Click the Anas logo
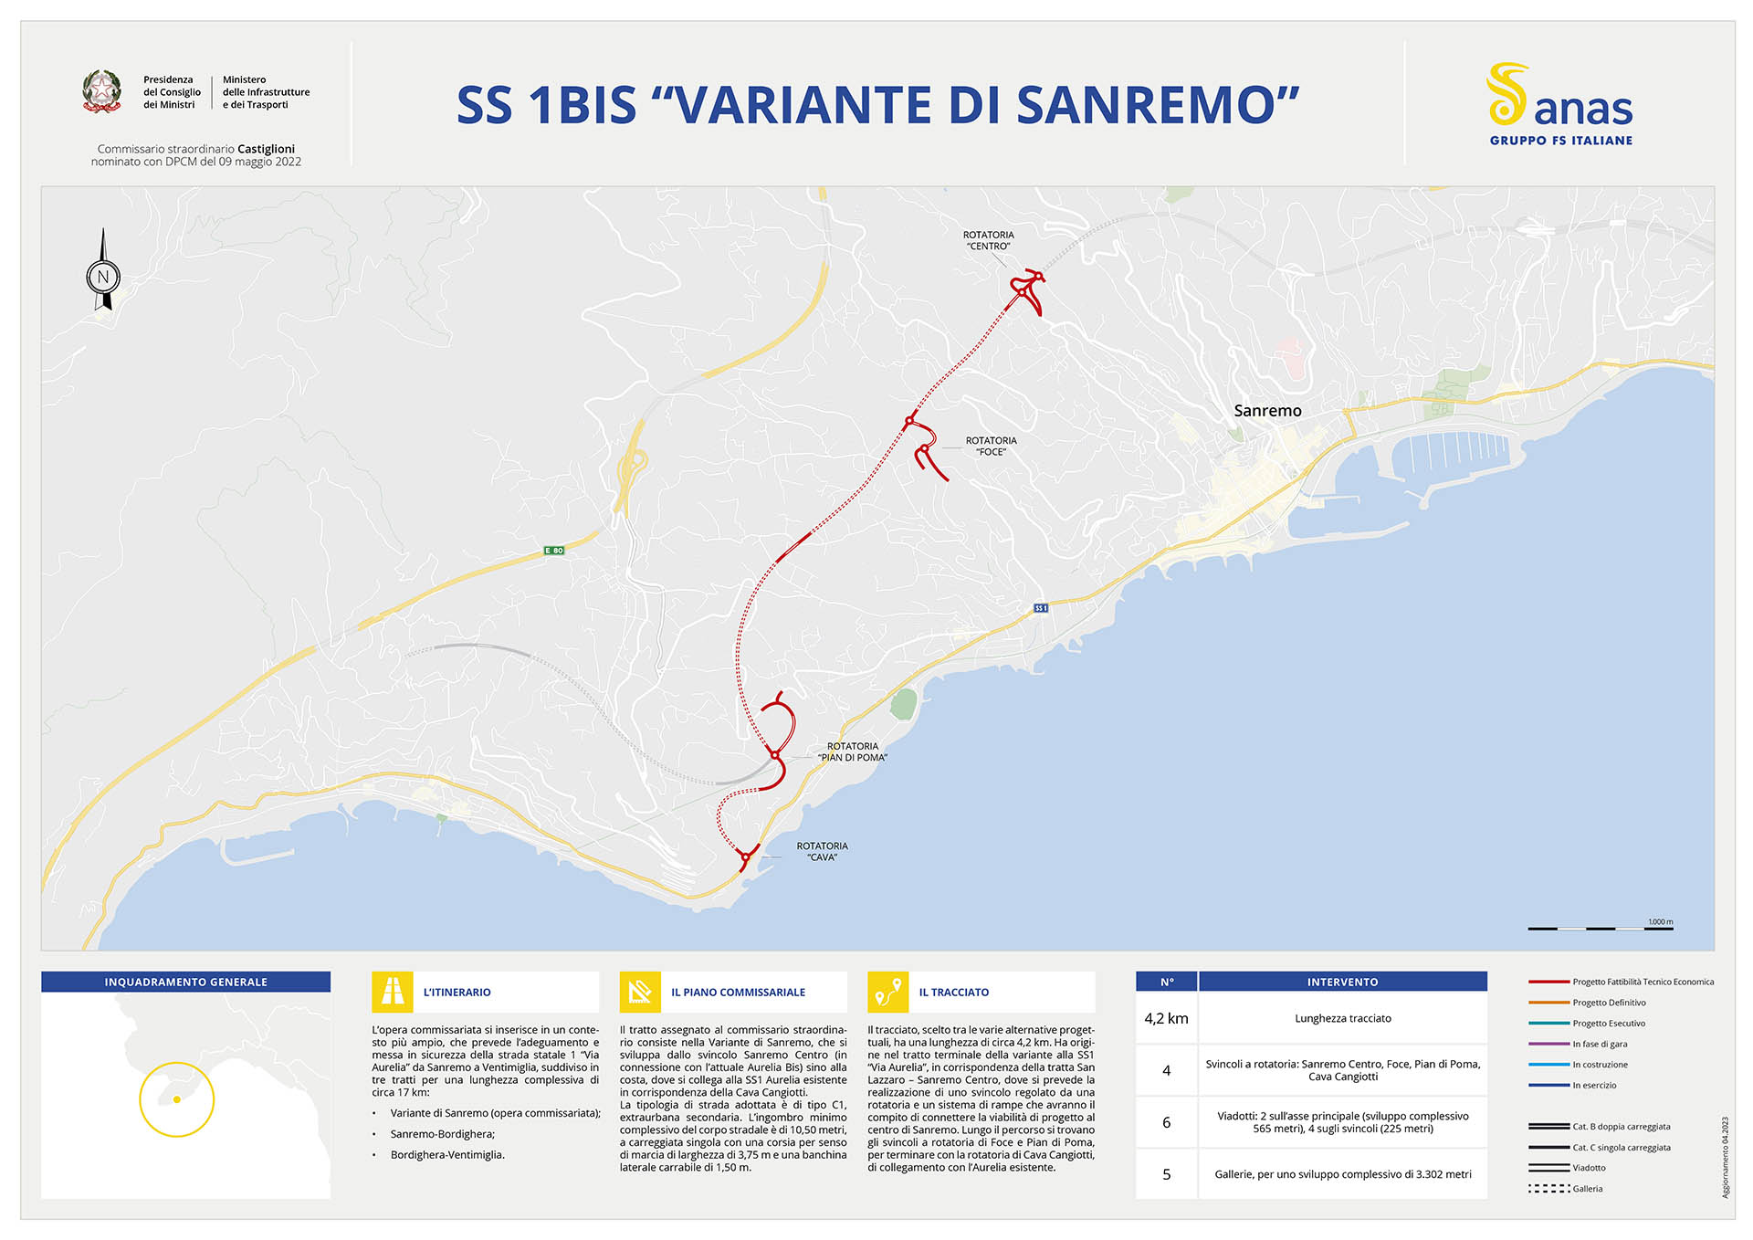click(1559, 104)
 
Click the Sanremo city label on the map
click(1267, 411)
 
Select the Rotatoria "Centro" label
click(988, 241)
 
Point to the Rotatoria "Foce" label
click(991, 446)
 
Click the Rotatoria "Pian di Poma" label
click(852, 751)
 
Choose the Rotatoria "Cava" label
click(822, 851)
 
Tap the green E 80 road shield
click(554, 551)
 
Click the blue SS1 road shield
click(1041, 608)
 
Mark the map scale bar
click(1600, 928)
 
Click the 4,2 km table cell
click(1166, 1018)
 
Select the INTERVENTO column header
click(1342, 982)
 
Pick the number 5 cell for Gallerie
click(1166, 1174)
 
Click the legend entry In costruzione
click(1600, 1065)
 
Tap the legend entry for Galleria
click(1587, 1189)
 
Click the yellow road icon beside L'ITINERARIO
click(393, 992)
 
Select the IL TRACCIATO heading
click(953, 992)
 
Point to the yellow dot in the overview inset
click(176, 1099)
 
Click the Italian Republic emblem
click(101, 91)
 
